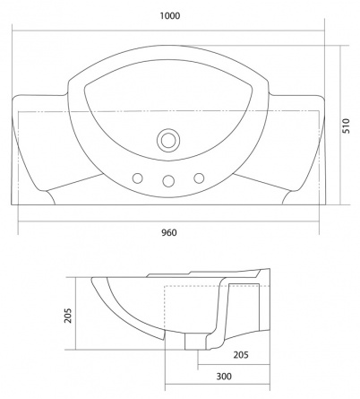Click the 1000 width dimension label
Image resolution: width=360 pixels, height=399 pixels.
(x=170, y=15)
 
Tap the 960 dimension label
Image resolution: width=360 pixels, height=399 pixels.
(x=169, y=232)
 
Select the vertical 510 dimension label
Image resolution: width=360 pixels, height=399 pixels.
(x=345, y=126)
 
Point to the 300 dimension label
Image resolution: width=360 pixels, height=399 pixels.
(x=224, y=377)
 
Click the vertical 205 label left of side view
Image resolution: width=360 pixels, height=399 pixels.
(x=68, y=316)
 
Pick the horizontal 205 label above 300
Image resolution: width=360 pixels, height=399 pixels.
(x=241, y=355)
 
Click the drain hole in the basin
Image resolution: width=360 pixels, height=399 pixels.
(x=168, y=140)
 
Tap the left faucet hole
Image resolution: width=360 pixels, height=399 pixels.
(x=137, y=178)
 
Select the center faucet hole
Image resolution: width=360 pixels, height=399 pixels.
(x=168, y=180)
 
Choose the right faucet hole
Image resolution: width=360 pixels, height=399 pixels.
(x=199, y=178)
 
